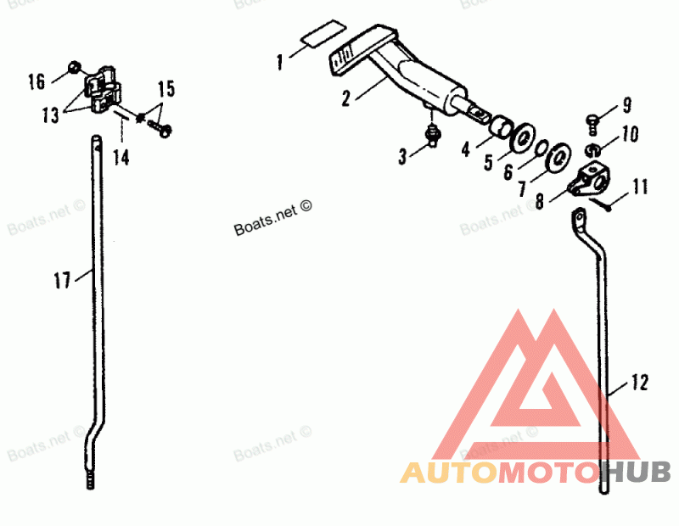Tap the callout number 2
(346, 98)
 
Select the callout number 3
(404, 154)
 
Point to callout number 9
(627, 106)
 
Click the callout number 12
(639, 383)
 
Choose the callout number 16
(36, 82)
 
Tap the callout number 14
(122, 157)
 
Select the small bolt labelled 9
(593, 121)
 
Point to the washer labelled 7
(558, 159)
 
